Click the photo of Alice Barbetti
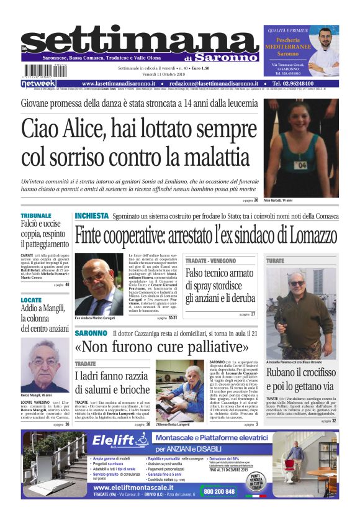point(301,148)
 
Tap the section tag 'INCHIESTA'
point(92,216)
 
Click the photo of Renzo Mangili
point(45,365)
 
